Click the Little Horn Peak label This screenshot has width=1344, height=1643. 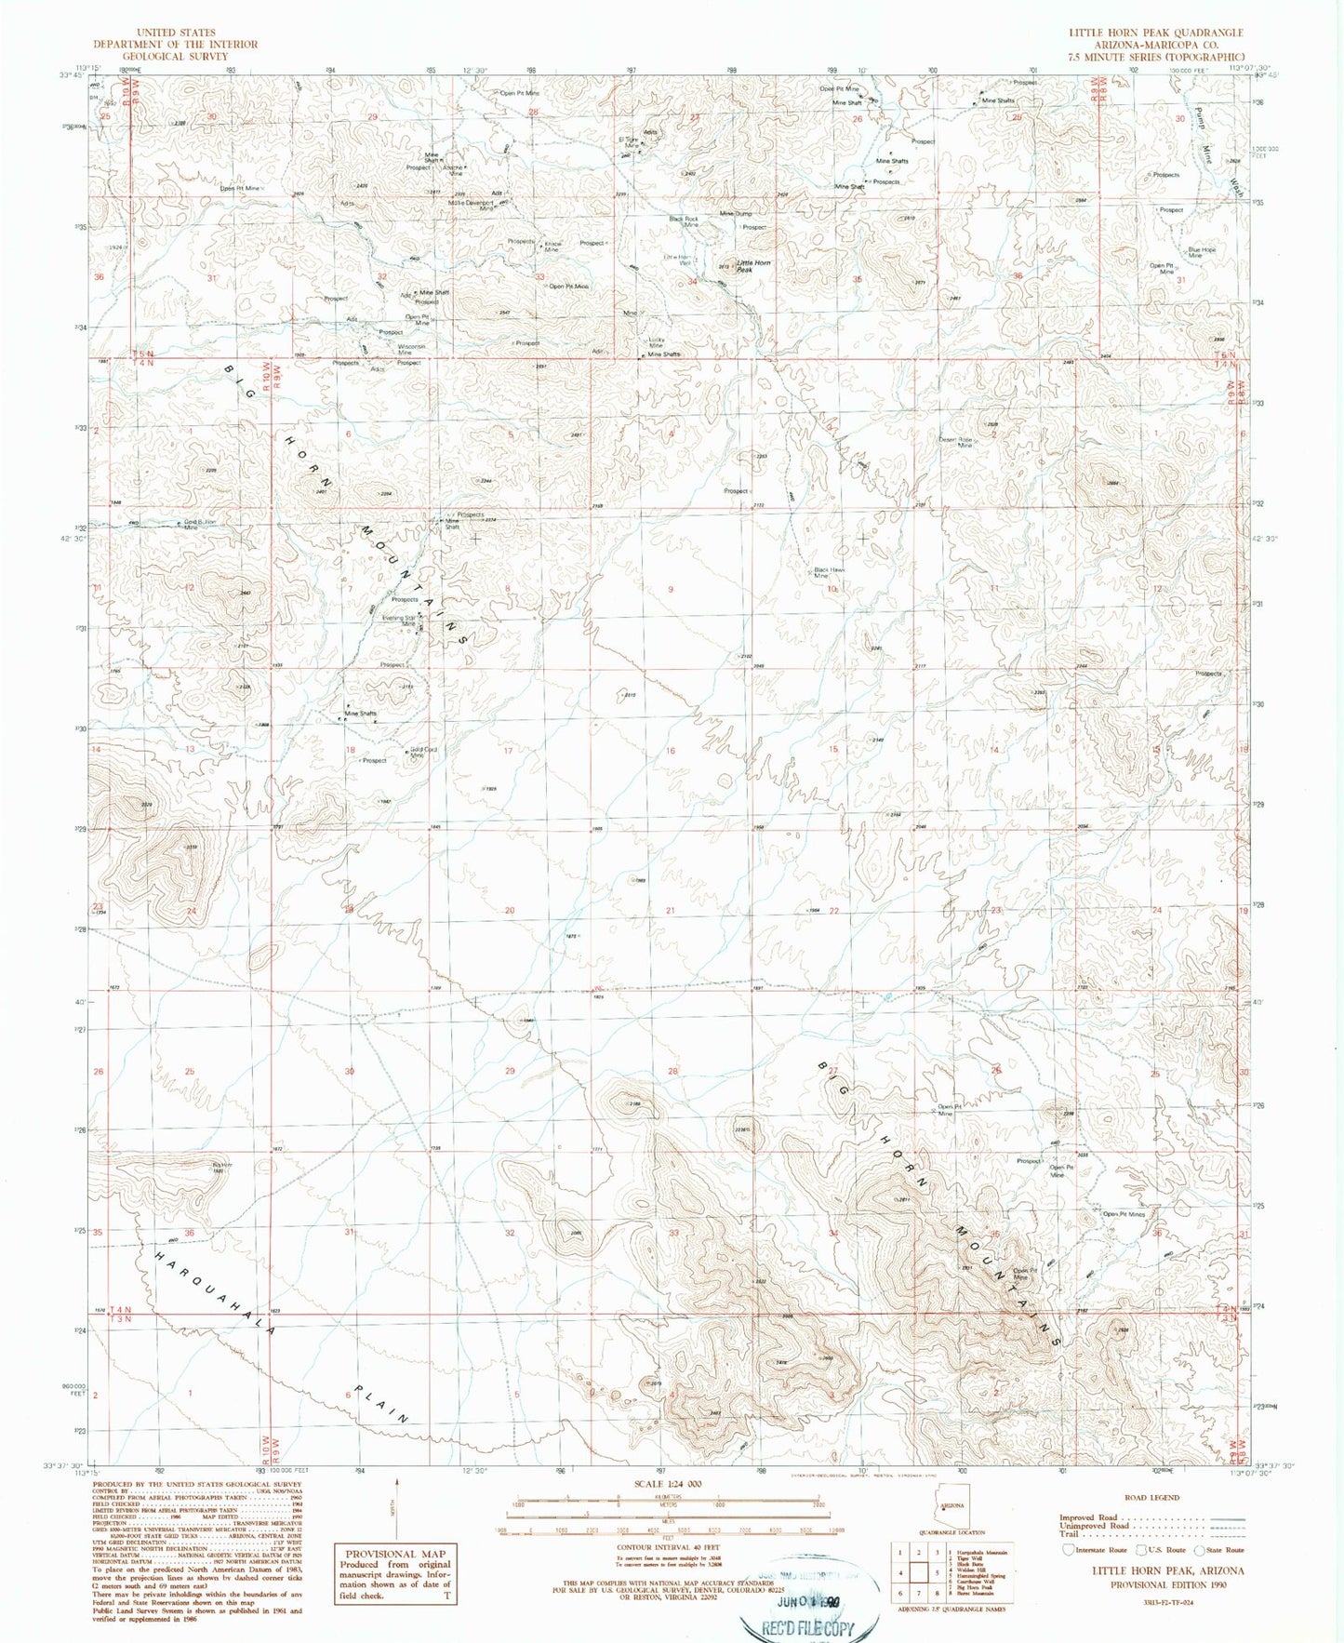coord(753,266)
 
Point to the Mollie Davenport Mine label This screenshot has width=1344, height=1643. coord(472,206)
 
